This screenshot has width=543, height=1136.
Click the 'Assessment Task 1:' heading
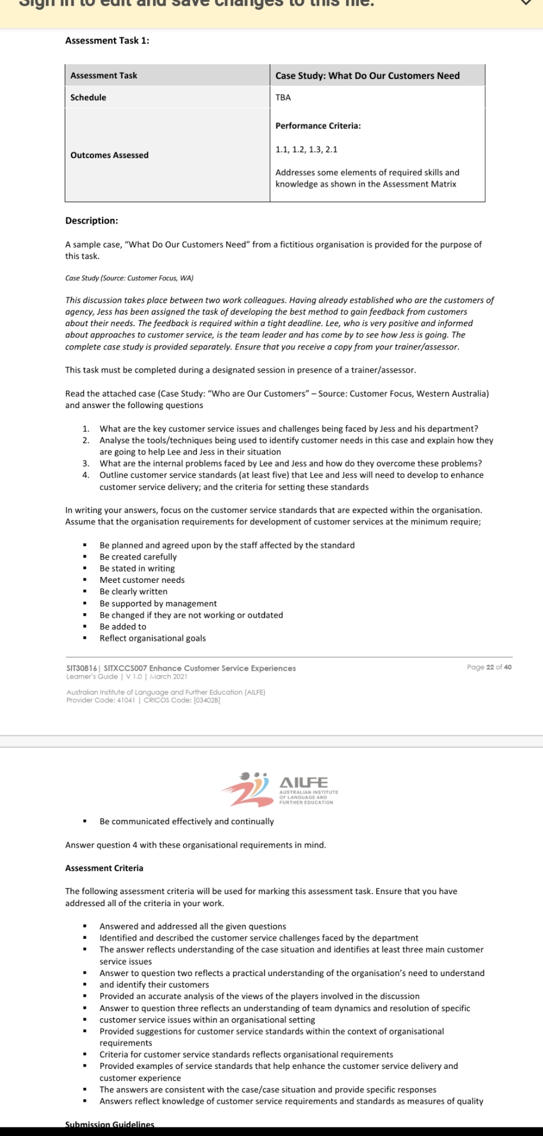pos(107,41)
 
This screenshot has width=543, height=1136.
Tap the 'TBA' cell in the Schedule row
pos(283,97)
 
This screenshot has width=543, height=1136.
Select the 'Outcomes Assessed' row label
pos(109,155)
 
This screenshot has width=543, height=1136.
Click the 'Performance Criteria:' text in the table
pos(318,126)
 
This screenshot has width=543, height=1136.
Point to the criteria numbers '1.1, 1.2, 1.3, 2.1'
pos(306,150)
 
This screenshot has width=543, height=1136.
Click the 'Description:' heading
pos(92,221)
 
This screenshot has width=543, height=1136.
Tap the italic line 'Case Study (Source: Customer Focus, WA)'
pos(129,278)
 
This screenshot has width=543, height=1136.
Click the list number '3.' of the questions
pos(86,464)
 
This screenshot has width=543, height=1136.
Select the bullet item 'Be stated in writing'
pos(137,569)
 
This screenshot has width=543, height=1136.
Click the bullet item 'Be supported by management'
pos(158,604)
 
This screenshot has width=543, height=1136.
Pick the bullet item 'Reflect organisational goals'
pos(152,638)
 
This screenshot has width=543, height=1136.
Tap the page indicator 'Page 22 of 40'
pos(489,667)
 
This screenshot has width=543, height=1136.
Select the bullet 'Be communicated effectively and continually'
pos(187,821)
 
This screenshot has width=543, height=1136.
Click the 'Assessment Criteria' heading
pos(104,868)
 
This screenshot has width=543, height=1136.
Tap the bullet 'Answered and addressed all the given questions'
pos(192,926)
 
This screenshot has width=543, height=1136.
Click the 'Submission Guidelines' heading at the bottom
pos(110,1125)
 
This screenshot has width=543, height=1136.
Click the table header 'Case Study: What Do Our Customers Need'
pos(367,76)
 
